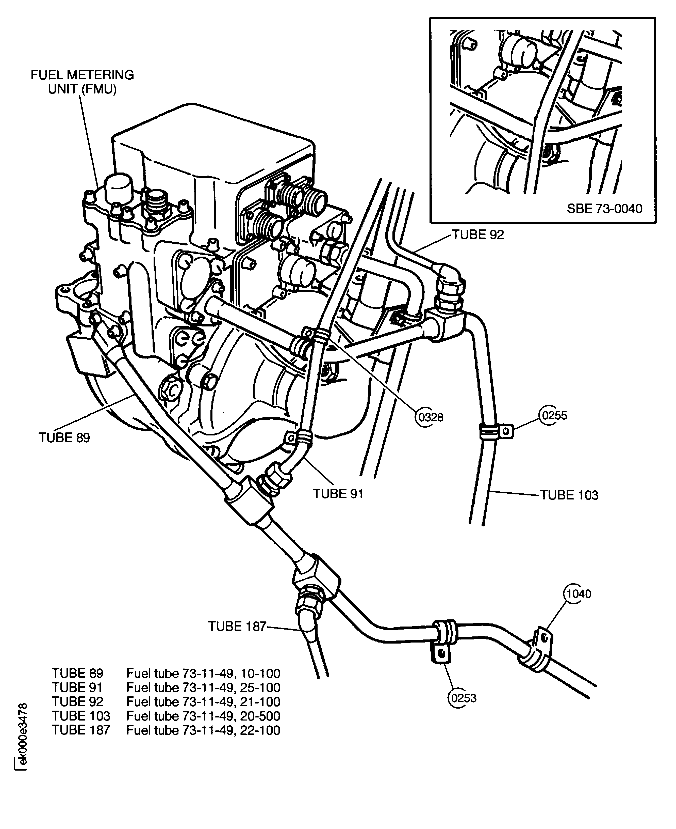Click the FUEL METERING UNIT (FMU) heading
click(x=82, y=82)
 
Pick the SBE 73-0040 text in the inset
click(x=604, y=209)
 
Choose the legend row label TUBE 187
click(x=81, y=730)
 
